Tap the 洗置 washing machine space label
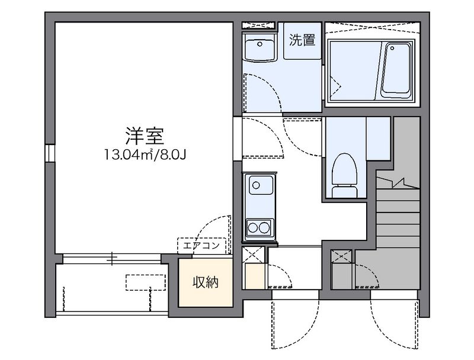[x=301, y=41]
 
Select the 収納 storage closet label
[x=205, y=282]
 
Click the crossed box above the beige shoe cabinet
[x=253, y=257]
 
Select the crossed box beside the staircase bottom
[x=341, y=257]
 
